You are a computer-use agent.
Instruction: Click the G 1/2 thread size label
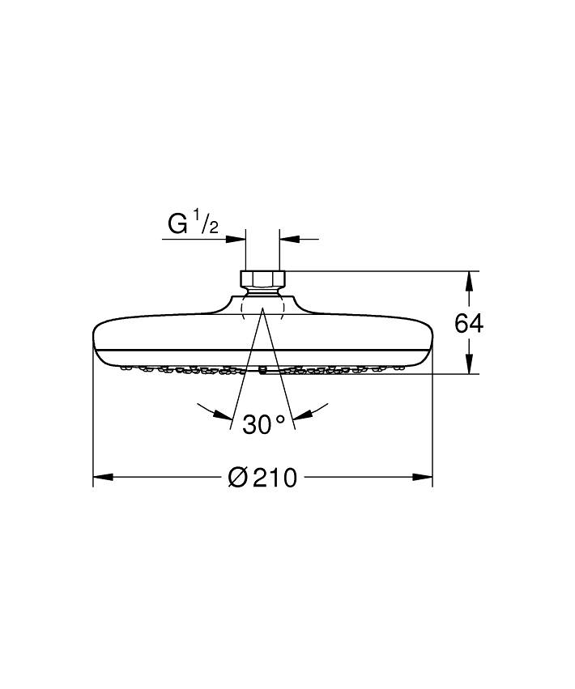(193, 223)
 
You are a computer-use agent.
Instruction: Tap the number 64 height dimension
(468, 323)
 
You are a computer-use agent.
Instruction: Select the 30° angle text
(264, 423)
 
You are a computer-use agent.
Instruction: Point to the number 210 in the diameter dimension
(275, 478)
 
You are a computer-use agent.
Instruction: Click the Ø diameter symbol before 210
(237, 478)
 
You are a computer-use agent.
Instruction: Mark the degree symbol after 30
(280, 419)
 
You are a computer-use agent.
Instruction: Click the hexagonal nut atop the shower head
(262, 279)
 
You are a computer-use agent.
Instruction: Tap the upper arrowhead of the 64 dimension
(468, 280)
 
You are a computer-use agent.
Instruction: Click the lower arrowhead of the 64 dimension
(468, 364)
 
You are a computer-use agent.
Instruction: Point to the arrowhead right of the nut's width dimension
(289, 239)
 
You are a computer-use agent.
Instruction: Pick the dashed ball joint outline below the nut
(262, 308)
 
